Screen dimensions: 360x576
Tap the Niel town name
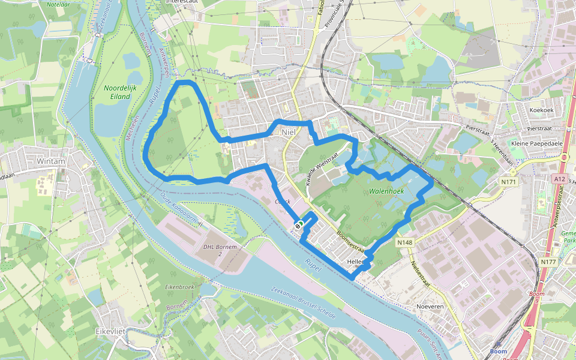[289, 132]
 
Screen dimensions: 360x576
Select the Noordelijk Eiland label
[117, 92]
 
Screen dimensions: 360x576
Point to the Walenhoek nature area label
[386, 191]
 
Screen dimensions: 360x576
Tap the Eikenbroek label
[179, 287]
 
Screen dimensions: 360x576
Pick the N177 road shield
[548, 262]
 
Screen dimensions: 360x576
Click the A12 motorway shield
[560, 179]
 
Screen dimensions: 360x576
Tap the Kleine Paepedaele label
[535, 143]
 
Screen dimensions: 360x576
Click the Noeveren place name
[430, 306]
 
